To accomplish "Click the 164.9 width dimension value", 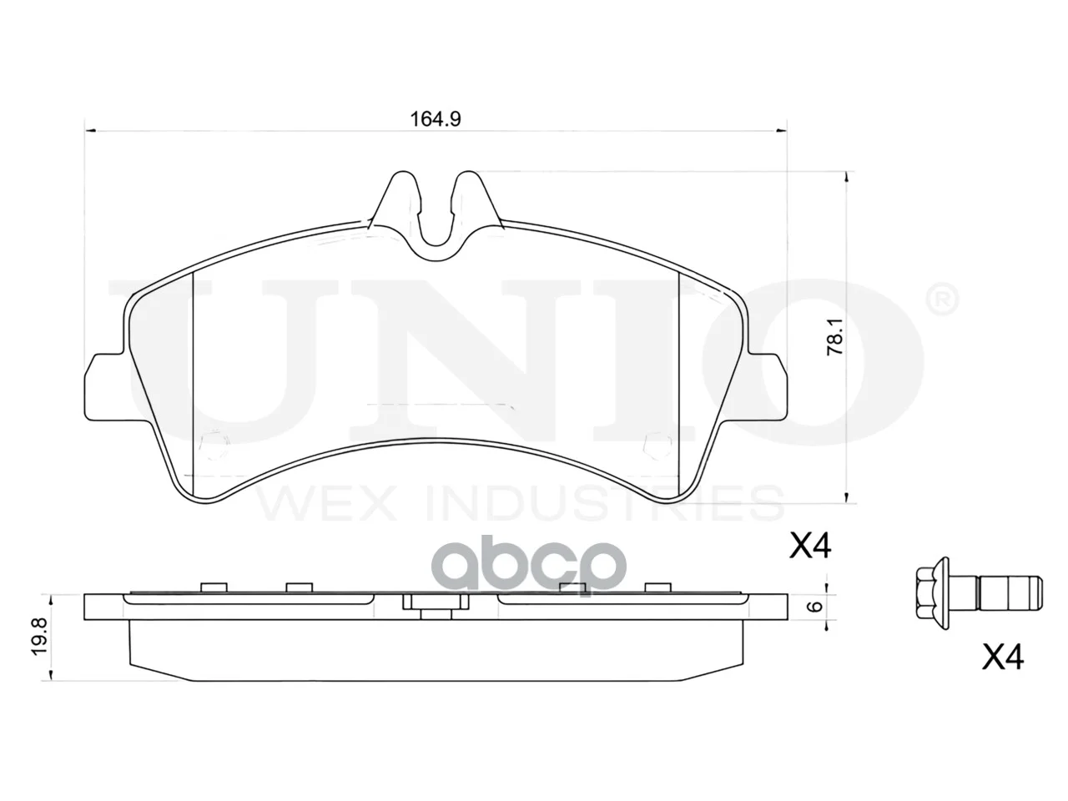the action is coord(436,119).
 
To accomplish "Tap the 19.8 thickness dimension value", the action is coord(39,636).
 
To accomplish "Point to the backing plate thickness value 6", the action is coord(817,606).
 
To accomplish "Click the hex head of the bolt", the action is coord(932,601).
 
